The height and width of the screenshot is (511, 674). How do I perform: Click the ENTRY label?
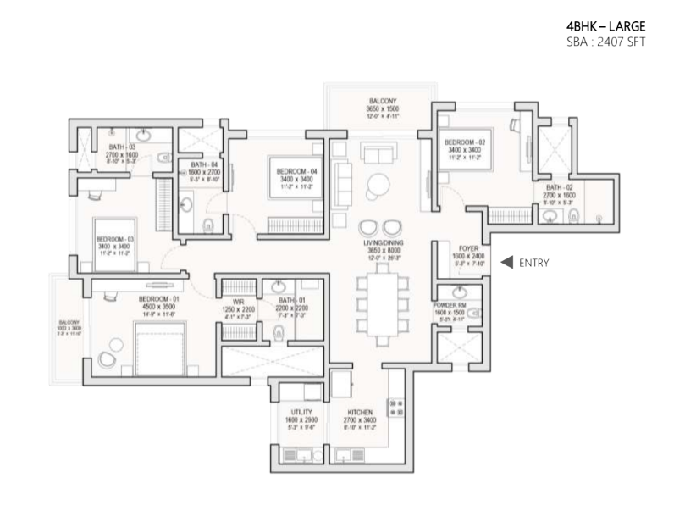pyautogui.click(x=534, y=263)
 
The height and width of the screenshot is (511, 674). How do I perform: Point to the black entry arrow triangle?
pyautogui.click(x=506, y=263)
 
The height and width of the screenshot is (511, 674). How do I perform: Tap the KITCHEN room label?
pyautogui.click(x=353, y=412)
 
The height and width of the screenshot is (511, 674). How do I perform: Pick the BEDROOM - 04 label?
pyautogui.click(x=296, y=171)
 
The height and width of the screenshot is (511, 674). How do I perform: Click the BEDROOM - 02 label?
pyautogui.click(x=463, y=142)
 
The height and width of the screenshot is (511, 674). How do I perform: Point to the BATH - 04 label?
pyautogui.click(x=202, y=164)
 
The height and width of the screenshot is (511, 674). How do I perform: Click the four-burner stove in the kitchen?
pyautogui.click(x=394, y=408)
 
